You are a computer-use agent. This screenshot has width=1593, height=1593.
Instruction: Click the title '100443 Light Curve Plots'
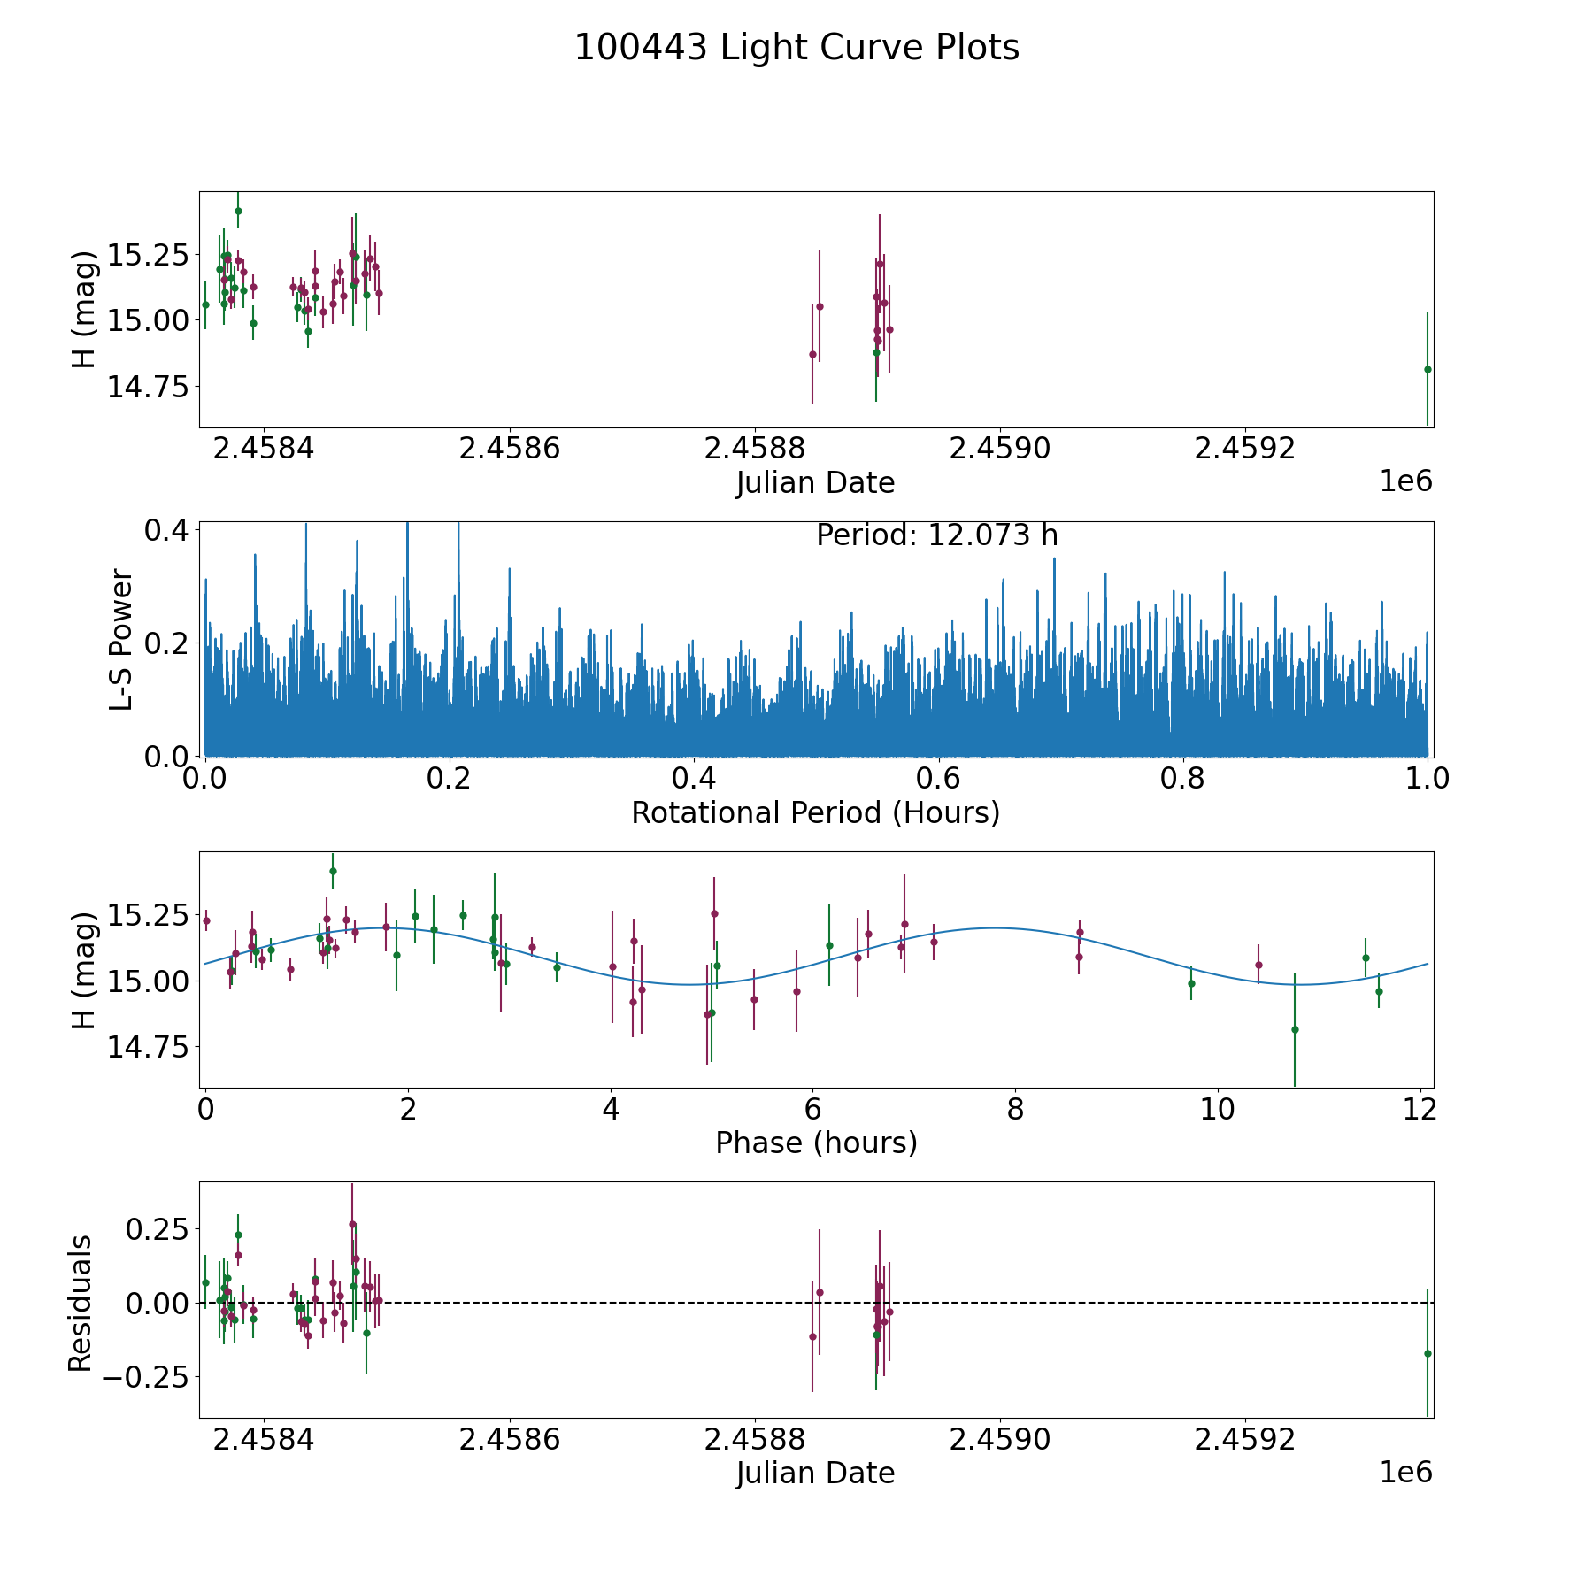(x=796, y=48)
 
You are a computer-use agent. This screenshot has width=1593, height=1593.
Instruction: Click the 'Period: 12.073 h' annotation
(x=936, y=535)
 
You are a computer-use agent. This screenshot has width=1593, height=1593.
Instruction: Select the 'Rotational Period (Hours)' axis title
(x=815, y=812)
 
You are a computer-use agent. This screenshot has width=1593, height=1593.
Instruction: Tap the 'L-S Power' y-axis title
(x=121, y=639)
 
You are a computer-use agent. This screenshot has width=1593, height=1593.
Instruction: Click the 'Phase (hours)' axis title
(x=816, y=1143)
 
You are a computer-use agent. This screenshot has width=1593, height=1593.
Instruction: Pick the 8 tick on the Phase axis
(x=1015, y=1109)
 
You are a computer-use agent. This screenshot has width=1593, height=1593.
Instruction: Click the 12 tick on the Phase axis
(x=1420, y=1109)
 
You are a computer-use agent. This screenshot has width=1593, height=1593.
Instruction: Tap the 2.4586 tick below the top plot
(x=510, y=449)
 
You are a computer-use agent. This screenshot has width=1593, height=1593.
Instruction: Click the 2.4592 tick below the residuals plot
(x=1245, y=1439)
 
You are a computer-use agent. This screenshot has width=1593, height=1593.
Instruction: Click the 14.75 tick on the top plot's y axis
(x=148, y=387)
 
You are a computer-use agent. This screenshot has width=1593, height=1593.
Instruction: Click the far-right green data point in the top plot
(x=1428, y=369)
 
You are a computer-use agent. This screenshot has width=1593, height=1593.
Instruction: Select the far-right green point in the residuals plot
(x=1428, y=1353)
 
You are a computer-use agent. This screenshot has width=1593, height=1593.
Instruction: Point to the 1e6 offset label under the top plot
(x=1405, y=481)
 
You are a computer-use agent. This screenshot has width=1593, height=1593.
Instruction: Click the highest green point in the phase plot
(x=333, y=871)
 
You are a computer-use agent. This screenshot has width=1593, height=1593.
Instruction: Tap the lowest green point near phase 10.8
(x=1295, y=1029)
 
